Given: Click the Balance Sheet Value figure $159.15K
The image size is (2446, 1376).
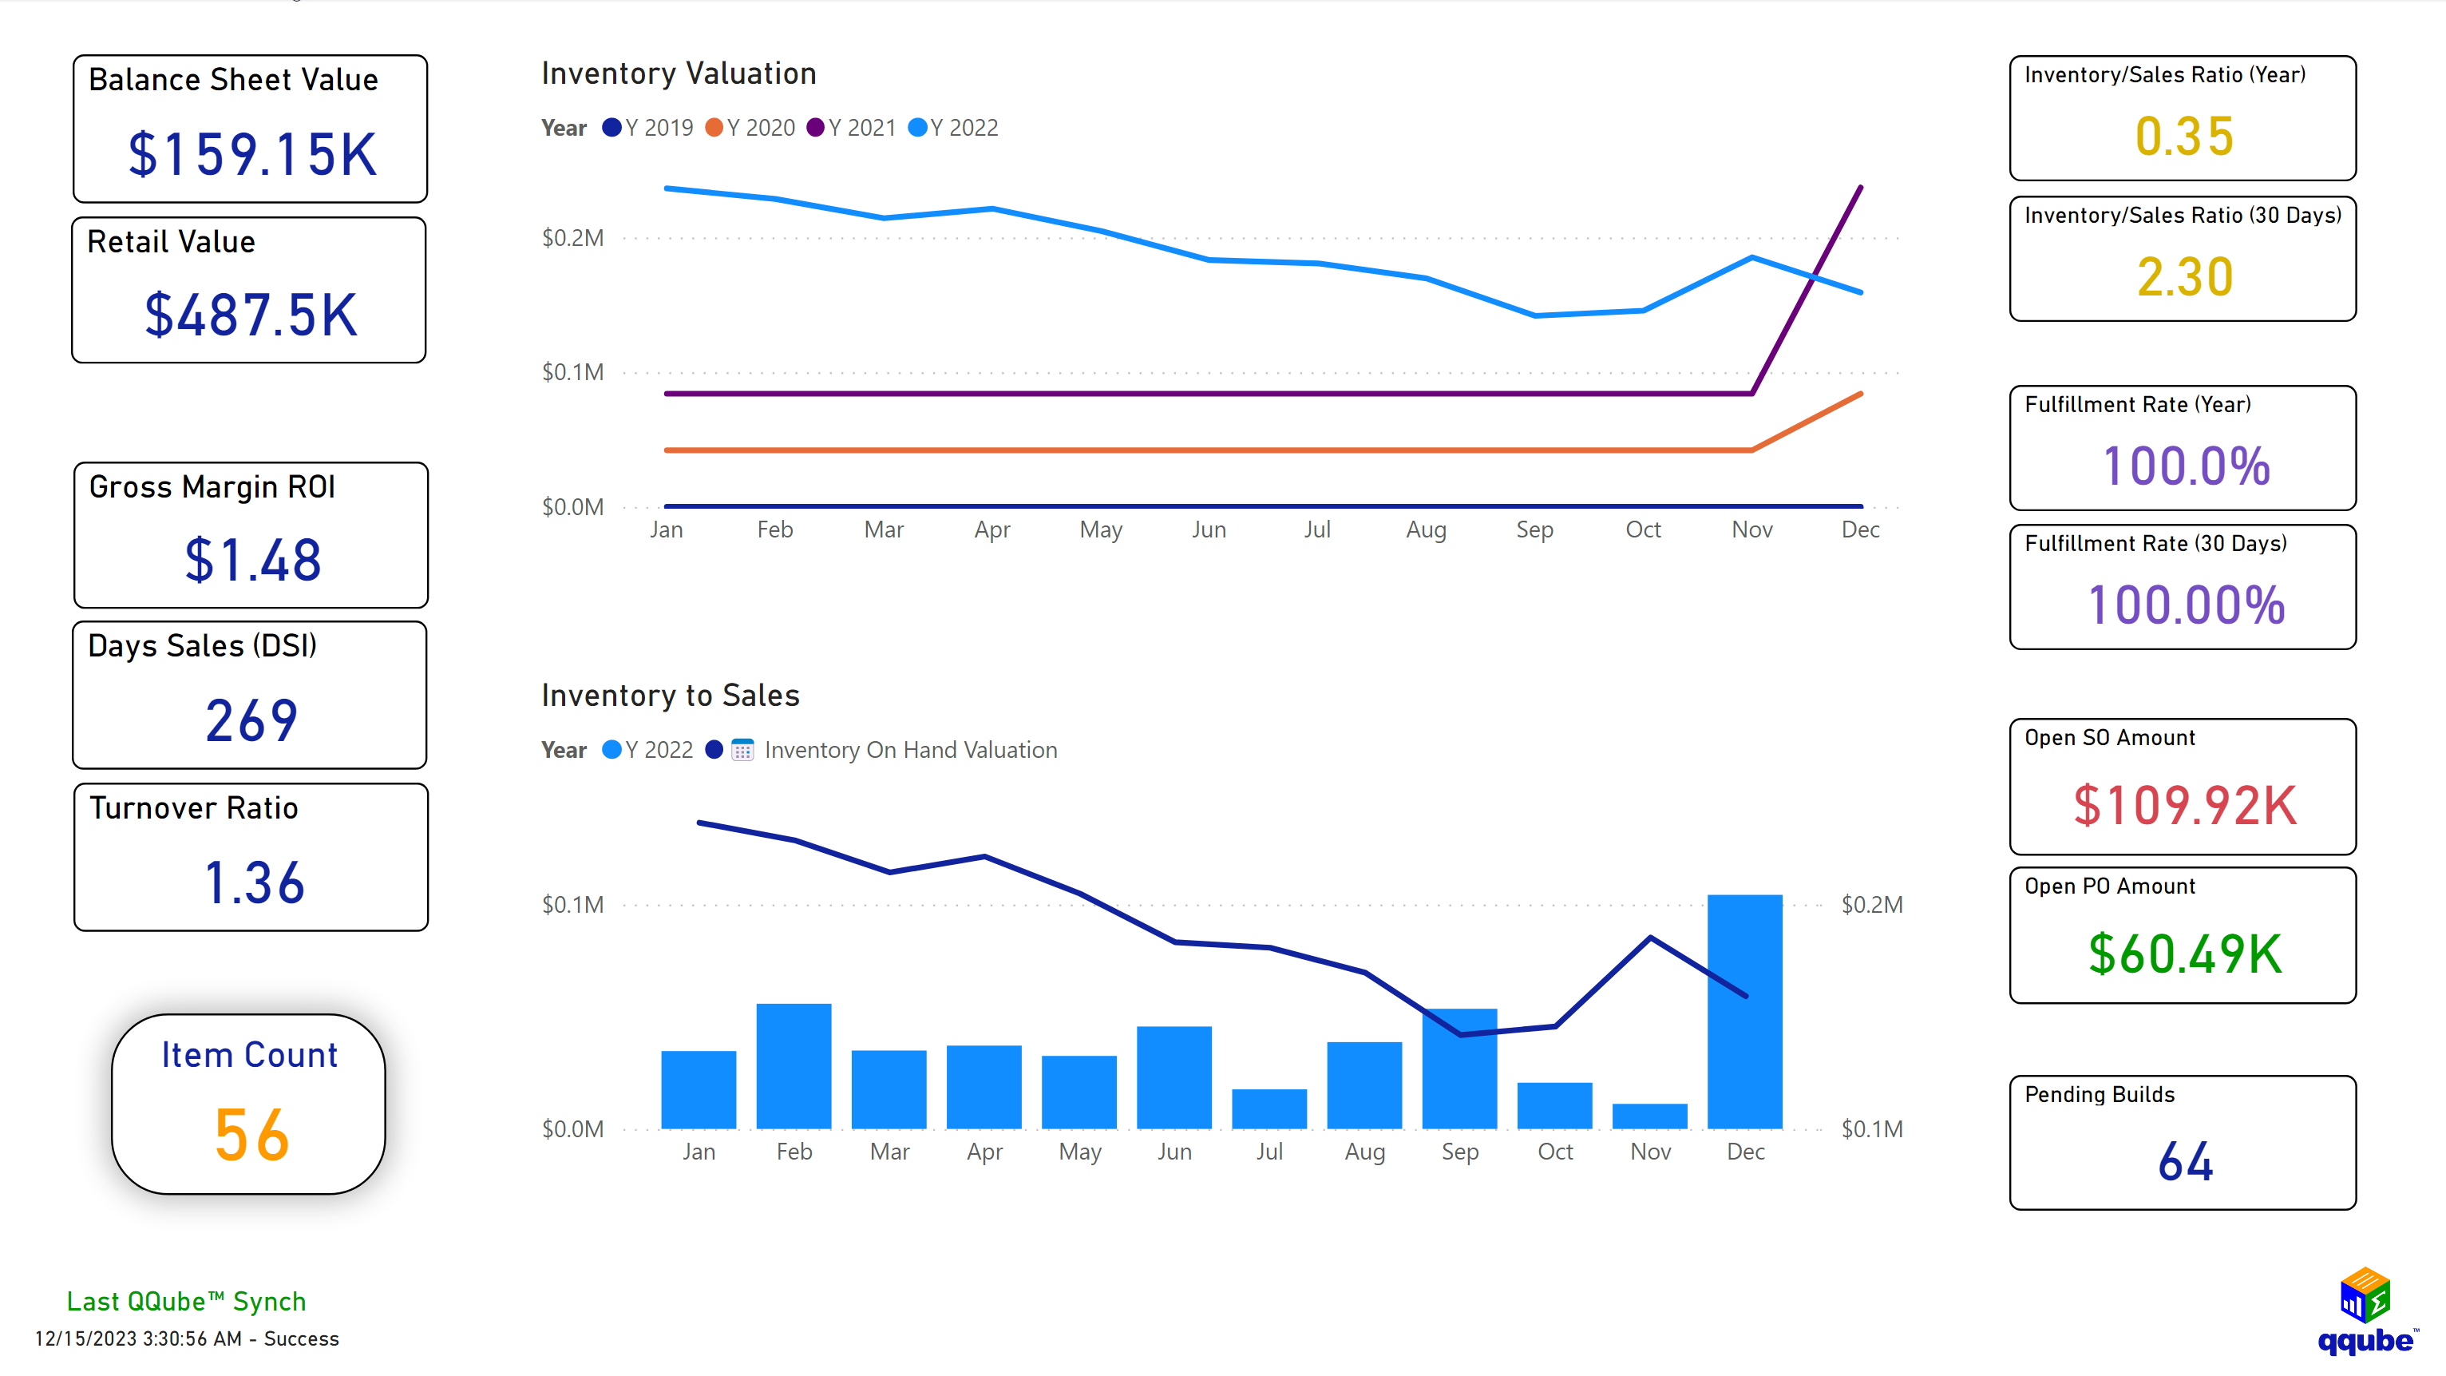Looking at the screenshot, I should (x=252, y=155).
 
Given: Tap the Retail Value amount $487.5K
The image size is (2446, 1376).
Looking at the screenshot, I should (x=251, y=315).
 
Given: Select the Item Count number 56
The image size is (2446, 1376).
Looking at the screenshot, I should (x=251, y=1135).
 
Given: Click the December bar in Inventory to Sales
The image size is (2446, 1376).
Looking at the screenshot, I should (x=1744, y=1011).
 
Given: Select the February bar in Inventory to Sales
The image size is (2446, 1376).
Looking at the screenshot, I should (x=794, y=1065).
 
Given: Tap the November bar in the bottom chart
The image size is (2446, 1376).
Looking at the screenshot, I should (x=1649, y=1116).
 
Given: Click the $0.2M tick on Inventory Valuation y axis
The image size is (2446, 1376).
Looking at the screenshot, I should (x=572, y=238).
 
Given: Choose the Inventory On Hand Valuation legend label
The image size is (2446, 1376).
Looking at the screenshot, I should (x=909, y=750).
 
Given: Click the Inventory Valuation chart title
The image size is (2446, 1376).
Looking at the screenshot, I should (x=678, y=74).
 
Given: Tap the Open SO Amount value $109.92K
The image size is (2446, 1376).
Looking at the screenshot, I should (x=2184, y=805).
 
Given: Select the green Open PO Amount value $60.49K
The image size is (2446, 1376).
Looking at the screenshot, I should (x=2184, y=954).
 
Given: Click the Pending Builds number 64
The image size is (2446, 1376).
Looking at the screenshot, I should (x=2184, y=1161).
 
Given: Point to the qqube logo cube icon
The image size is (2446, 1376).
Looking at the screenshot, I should (x=2365, y=1295).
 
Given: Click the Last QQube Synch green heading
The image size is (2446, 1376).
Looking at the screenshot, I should (x=186, y=1301).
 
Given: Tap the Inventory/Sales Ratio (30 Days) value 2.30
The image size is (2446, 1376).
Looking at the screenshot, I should (x=2184, y=277).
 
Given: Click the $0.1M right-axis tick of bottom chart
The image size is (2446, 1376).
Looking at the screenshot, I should (x=1871, y=1129).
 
